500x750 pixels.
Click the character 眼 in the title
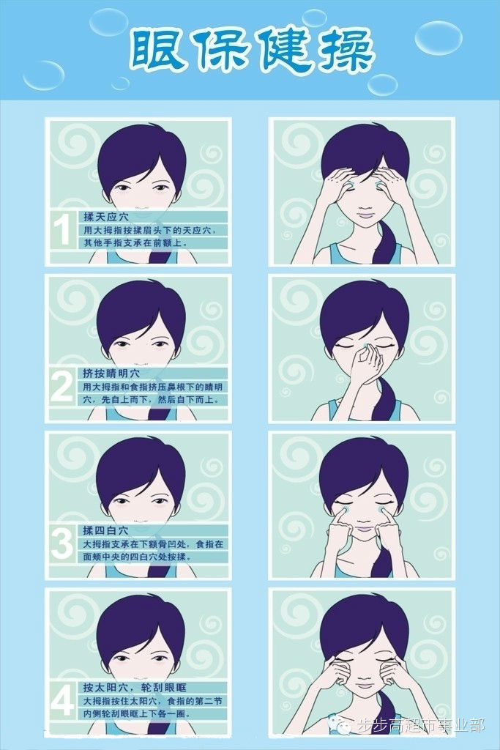tap(157, 51)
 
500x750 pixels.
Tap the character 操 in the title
tap(343, 51)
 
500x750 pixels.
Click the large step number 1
tap(61, 229)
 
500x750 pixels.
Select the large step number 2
tap(61, 387)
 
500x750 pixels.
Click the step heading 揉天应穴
tap(106, 217)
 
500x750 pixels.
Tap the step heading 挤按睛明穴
tap(111, 373)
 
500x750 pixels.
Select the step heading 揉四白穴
tap(105, 530)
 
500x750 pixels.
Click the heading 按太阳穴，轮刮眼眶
tap(135, 687)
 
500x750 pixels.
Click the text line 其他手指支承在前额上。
tap(136, 242)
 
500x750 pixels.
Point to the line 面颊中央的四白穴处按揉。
tap(137, 557)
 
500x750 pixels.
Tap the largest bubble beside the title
tap(438, 37)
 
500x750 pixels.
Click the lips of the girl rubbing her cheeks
tap(365, 529)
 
